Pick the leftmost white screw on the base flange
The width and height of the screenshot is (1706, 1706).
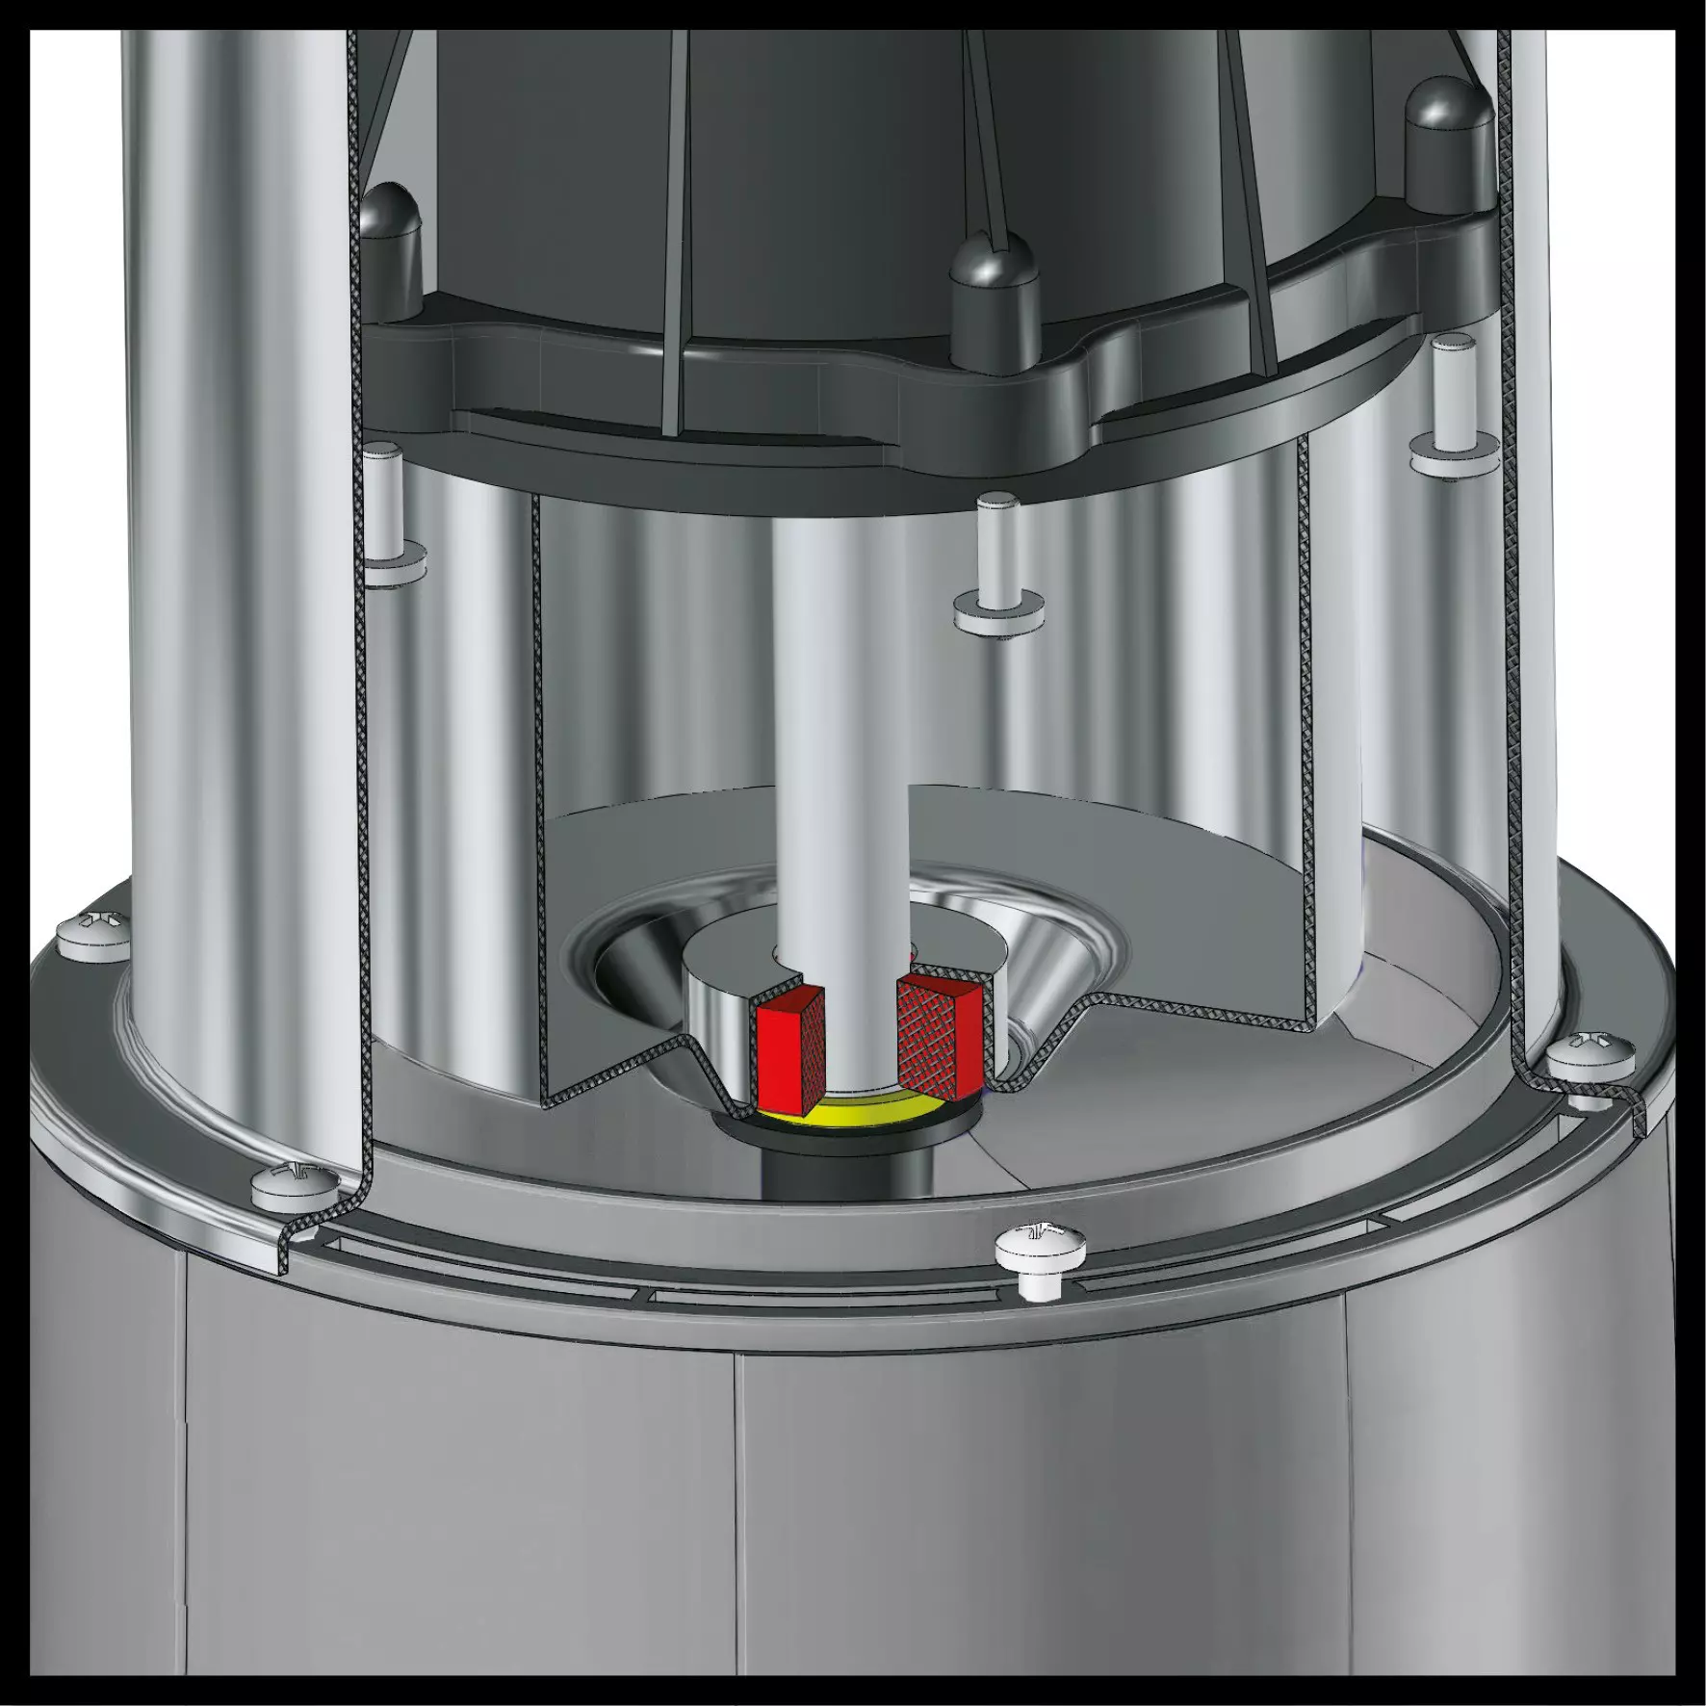click(x=92, y=935)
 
